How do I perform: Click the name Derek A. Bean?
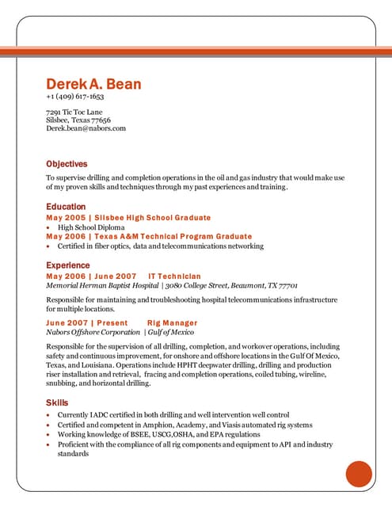(x=93, y=84)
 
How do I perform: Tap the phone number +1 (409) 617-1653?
(x=75, y=97)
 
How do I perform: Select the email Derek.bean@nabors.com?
(x=86, y=128)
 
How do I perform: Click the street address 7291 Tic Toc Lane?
(x=74, y=112)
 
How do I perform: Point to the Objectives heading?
(x=67, y=164)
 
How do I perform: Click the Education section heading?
(x=66, y=207)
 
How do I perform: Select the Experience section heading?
(x=68, y=265)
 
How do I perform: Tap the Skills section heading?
(x=56, y=403)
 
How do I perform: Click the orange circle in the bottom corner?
(x=359, y=474)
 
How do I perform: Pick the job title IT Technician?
(x=174, y=276)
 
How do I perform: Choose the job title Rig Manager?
(x=172, y=323)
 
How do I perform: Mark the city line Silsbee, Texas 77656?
(x=78, y=120)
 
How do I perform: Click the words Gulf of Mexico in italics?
(x=169, y=333)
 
